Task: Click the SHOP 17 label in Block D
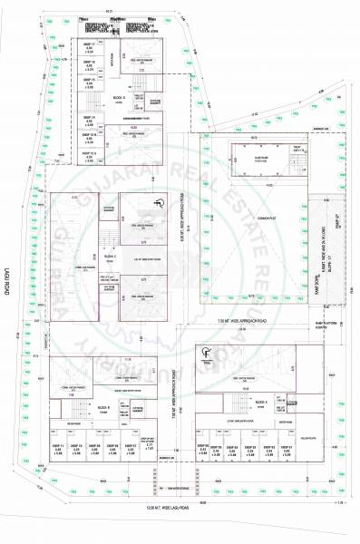tap(90, 46)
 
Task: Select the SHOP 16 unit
tap(90, 63)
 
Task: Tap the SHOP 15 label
tap(90, 83)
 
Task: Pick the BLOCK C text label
tap(109, 257)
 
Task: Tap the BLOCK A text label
tap(260, 400)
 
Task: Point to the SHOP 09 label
tap(95, 448)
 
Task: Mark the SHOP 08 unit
tap(114, 448)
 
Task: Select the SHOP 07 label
tap(132, 448)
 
